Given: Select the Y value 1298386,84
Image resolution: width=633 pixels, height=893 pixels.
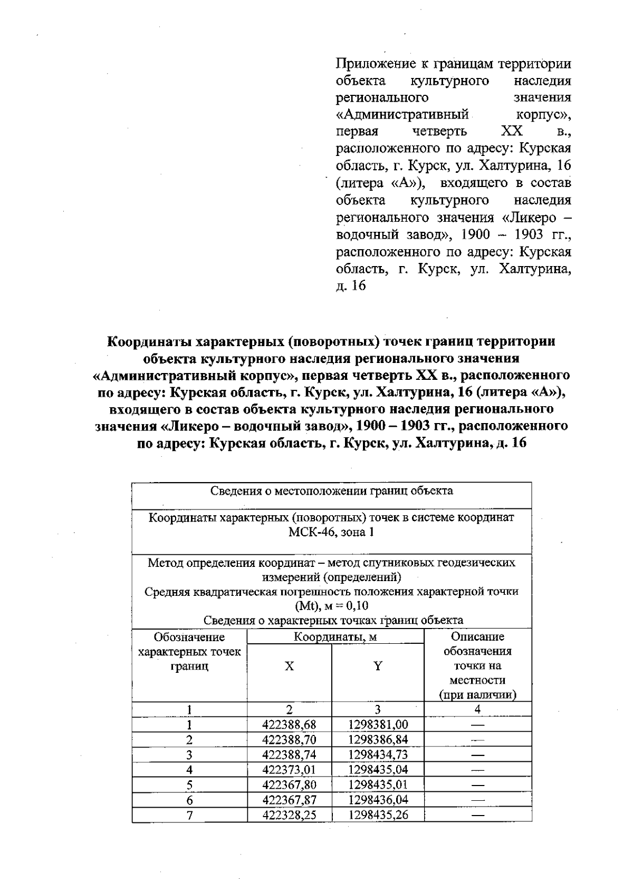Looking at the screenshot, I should pyautogui.click(x=378, y=740).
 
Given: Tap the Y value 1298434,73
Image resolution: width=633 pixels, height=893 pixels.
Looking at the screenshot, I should pyautogui.click(x=378, y=754).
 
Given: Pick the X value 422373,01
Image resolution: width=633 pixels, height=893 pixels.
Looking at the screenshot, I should pyautogui.click(x=289, y=770).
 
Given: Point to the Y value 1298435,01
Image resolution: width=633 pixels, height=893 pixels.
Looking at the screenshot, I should pyautogui.click(x=378, y=785).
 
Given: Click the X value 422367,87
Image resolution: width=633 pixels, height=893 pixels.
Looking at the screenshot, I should pyautogui.click(x=289, y=800).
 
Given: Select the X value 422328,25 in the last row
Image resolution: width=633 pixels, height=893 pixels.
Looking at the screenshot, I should pyautogui.click(x=289, y=815).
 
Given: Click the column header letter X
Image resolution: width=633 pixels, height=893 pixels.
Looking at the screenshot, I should pyautogui.click(x=289, y=666).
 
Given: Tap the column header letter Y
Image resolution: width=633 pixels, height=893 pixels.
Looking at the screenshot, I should pyautogui.click(x=378, y=666).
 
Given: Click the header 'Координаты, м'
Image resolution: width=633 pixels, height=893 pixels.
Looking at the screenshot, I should pyautogui.click(x=335, y=637).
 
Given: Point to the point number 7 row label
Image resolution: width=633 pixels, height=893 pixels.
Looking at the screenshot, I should pyautogui.click(x=189, y=816).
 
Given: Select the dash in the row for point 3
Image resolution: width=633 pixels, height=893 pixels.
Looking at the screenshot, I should pyautogui.click(x=477, y=754).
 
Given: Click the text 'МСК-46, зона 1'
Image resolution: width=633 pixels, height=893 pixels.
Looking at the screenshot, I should pyautogui.click(x=331, y=532).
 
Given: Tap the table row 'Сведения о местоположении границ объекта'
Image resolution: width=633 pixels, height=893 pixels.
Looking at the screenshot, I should pyautogui.click(x=331, y=491).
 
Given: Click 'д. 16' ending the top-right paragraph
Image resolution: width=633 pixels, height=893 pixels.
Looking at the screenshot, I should pyautogui.click(x=351, y=286).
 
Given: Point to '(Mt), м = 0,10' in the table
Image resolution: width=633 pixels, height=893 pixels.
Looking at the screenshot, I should pyautogui.click(x=331, y=606).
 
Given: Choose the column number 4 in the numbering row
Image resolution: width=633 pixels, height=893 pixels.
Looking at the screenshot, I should pyautogui.click(x=477, y=710).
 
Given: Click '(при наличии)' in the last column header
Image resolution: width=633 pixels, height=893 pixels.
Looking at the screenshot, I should pyautogui.click(x=477, y=695).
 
